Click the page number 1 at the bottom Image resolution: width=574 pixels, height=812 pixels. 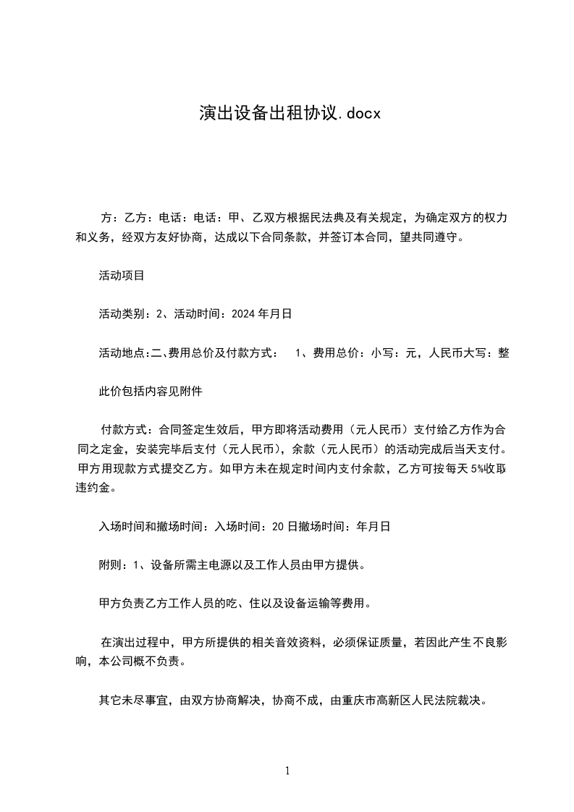point(287,771)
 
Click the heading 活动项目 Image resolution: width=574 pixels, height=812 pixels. point(122,275)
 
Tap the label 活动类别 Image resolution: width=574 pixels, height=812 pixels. point(122,314)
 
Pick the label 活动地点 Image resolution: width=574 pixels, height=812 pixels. point(122,353)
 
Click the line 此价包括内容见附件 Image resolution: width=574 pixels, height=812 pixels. point(151,392)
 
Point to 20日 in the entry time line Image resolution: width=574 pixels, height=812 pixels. point(281,527)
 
